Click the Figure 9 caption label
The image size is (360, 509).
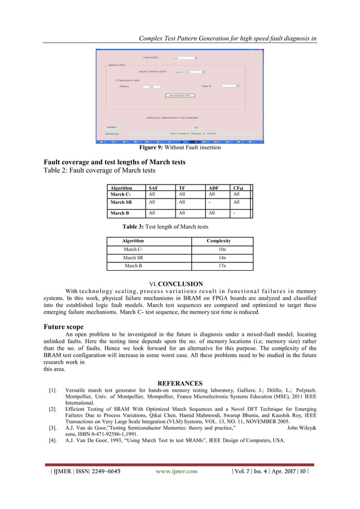point(156,148)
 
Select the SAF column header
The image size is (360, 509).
point(153,188)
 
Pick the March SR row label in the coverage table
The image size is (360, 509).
point(121,202)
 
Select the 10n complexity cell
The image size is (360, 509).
point(222,249)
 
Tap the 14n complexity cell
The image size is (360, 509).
point(222,257)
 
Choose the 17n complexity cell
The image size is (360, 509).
point(222,266)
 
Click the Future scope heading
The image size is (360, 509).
point(64,327)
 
